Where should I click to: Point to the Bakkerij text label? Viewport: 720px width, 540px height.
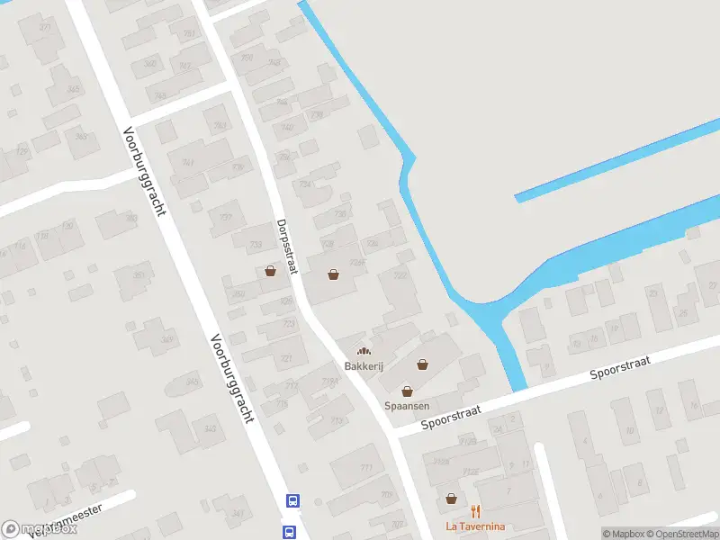tap(363, 366)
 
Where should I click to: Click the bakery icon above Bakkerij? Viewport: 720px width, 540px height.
tap(363, 351)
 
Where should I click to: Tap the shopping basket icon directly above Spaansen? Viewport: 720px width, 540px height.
tap(407, 391)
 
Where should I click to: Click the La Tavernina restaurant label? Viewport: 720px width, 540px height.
tap(475, 526)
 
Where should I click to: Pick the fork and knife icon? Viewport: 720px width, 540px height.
tap(475, 511)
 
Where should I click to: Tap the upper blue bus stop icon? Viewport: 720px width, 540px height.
tap(292, 500)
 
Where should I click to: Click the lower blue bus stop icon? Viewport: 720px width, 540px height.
tap(290, 532)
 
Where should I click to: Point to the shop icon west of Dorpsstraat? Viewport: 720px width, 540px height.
tap(270, 270)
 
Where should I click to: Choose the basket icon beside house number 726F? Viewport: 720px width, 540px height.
tap(335, 274)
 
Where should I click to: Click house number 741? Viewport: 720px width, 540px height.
tap(188, 162)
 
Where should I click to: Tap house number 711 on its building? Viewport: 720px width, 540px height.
tap(365, 468)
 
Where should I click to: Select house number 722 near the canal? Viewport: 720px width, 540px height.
tap(400, 275)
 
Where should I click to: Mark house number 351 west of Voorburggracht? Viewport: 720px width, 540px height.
tap(138, 275)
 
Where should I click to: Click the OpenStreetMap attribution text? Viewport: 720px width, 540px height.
tap(683, 534)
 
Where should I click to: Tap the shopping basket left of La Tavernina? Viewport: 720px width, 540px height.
tap(451, 498)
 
